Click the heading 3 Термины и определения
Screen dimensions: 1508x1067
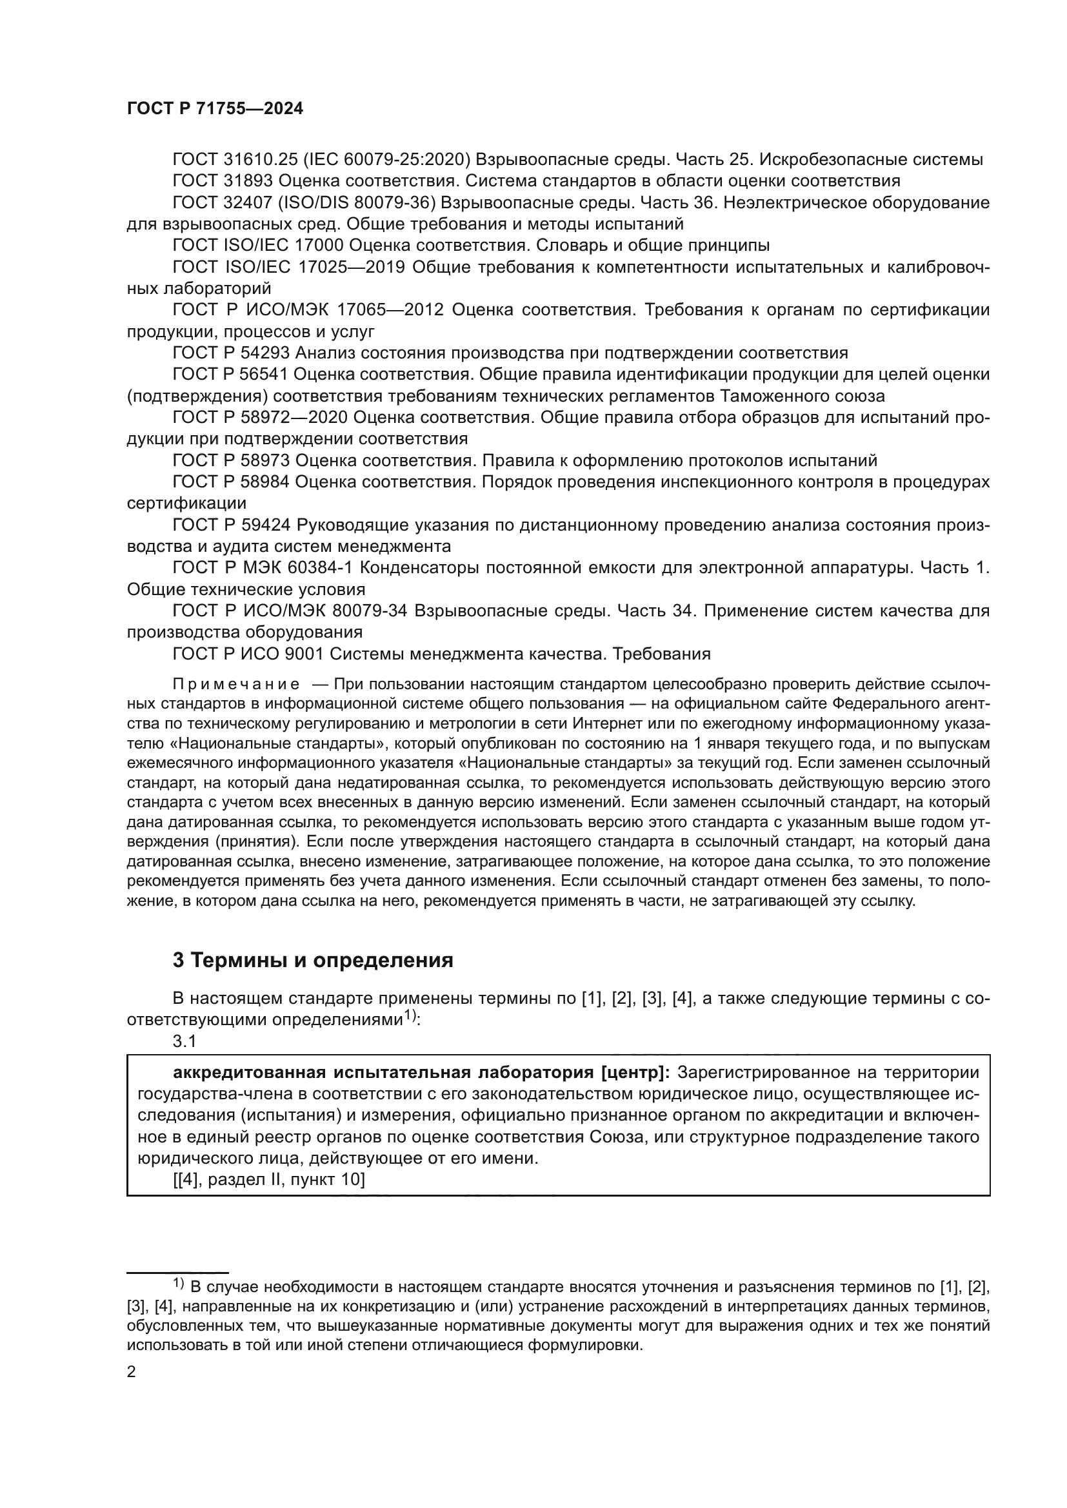click(313, 960)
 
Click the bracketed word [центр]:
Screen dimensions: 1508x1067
click(635, 1073)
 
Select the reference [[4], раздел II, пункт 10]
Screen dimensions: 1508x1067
click(269, 1180)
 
